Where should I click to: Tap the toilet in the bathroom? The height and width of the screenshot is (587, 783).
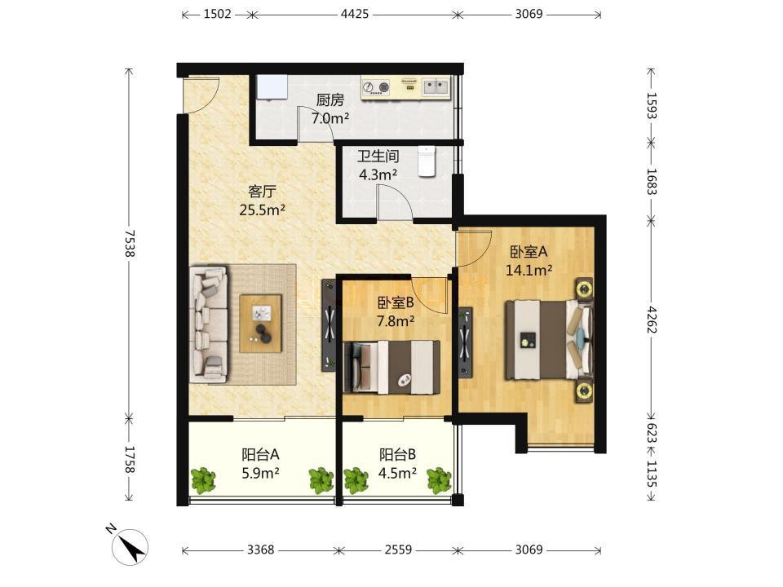(x=427, y=161)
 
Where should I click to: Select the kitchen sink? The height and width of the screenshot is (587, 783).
(x=436, y=88)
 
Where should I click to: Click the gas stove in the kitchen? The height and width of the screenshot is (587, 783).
(x=376, y=87)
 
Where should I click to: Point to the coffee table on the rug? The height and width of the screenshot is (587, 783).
(x=261, y=324)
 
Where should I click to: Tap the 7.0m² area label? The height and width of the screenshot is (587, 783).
(x=330, y=118)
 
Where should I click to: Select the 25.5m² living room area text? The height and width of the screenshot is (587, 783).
(x=262, y=210)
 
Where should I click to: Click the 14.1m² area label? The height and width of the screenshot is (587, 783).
(x=529, y=270)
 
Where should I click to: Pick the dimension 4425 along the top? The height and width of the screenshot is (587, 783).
(x=355, y=14)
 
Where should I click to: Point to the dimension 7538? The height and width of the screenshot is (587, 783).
(x=130, y=243)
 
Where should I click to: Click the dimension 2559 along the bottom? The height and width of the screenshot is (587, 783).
(x=398, y=549)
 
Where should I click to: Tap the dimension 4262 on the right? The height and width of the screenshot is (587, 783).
(x=652, y=320)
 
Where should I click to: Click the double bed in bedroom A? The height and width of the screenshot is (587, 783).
(x=549, y=339)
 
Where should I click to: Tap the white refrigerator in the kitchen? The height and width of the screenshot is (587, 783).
(x=272, y=87)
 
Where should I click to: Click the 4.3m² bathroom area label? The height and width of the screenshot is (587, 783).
(x=378, y=174)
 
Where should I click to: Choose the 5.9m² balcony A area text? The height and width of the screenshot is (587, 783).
(x=260, y=472)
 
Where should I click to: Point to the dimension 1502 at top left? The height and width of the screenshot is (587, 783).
(x=217, y=14)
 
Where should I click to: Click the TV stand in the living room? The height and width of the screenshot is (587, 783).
(x=329, y=325)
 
